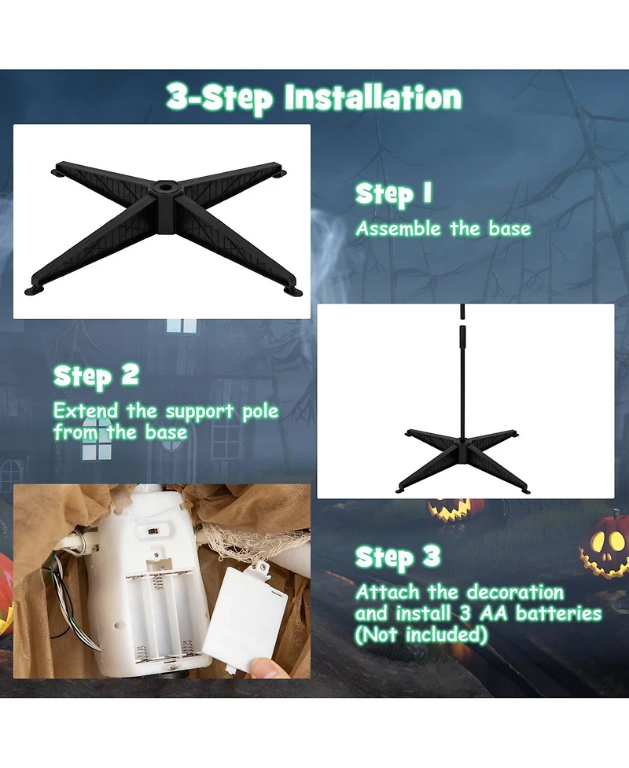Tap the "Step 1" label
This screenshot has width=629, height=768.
pos(394,194)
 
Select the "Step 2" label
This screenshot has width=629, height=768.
pos(97,377)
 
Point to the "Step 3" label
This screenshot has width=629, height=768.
pos(398,557)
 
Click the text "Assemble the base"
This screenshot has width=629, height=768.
pos(443,229)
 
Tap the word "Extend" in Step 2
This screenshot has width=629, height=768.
pos(86,411)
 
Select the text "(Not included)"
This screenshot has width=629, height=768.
pos(421,635)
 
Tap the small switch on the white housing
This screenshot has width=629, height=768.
pos(153,531)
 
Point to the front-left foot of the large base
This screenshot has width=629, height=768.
pos(35,290)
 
